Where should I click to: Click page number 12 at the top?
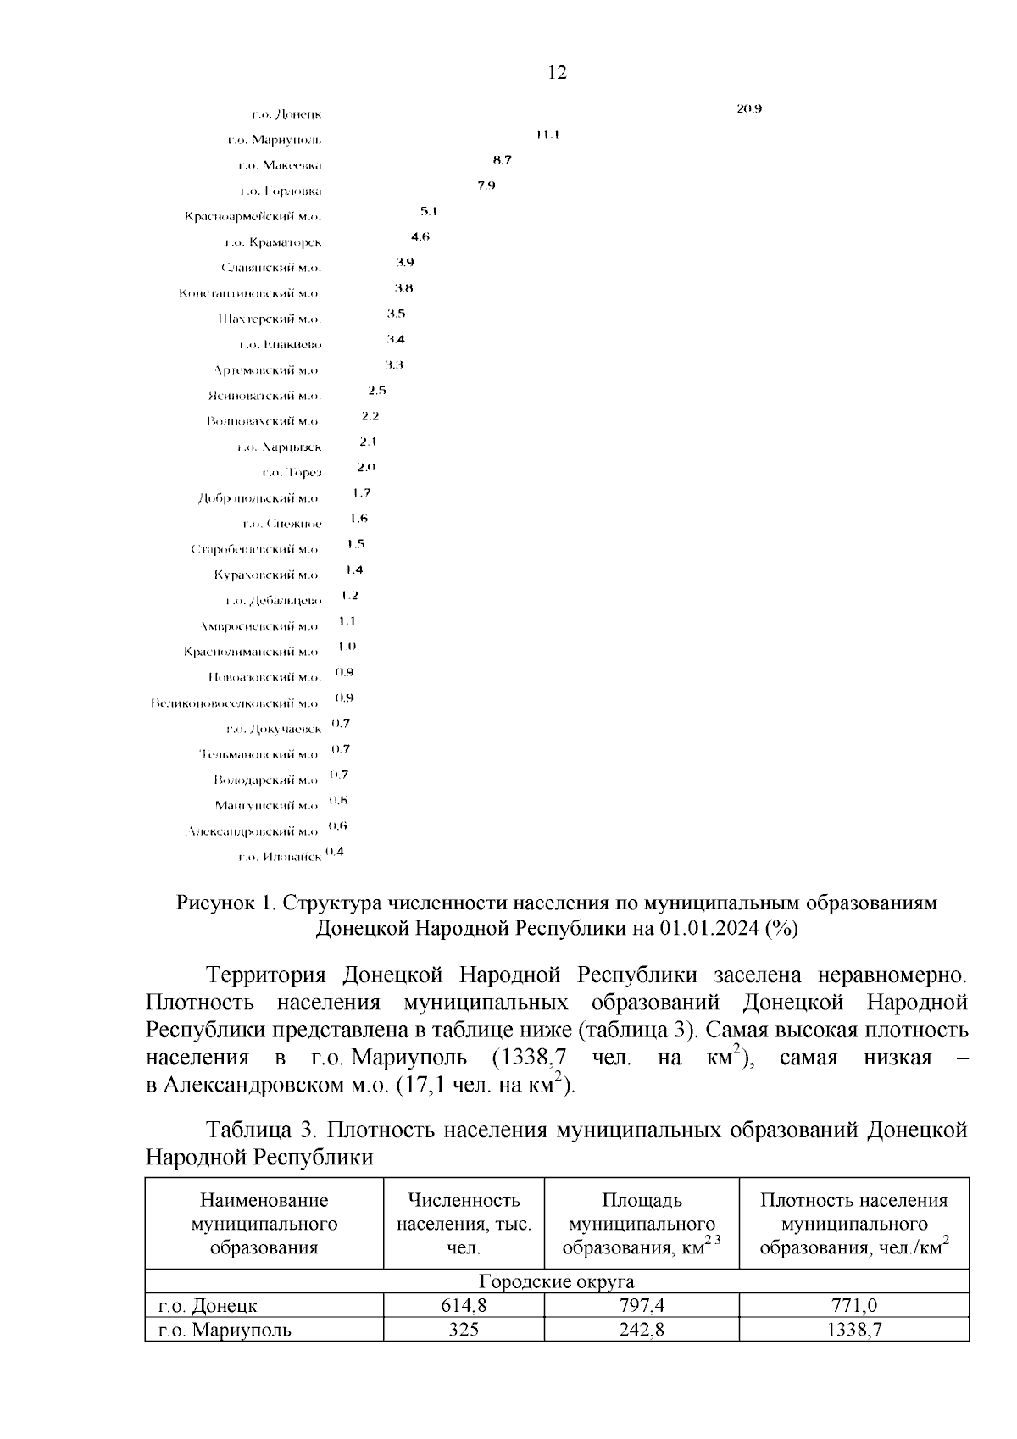pyautogui.click(x=557, y=72)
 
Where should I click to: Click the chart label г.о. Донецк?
pyautogui.click(x=286, y=114)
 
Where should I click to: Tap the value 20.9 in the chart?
pyautogui.click(x=750, y=108)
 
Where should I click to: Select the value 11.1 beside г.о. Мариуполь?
pyautogui.click(x=547, y=134)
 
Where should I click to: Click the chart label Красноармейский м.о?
pyautogui.click(x=253, y=216)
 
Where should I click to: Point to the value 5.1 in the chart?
pyautogui.click(x=428, y=211)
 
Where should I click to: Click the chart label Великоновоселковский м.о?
pyautogui.click(x=236, y=703)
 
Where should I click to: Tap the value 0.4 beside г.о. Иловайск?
pyautogui.click(x=335, y=852)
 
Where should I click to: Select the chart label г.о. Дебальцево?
pyautogui.click(x=274, y=601)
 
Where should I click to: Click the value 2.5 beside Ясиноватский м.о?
pyautogui.click(x=377, y=390)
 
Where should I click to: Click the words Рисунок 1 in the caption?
pyautogui.click(x=223, y=903)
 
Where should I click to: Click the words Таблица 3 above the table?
pyautogui.click(x=261, y=1131)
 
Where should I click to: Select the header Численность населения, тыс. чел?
pyautogui.click(x=464, y=1224)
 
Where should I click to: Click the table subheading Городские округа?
pyautogui.click(x=557, y=1281)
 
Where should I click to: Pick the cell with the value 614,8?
pyautogui.click(x=464, y=1306)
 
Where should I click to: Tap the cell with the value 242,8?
pyautogui.click(x=642, y=1330)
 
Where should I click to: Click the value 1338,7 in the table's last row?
pyautogui.click(x=853, y=1330)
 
